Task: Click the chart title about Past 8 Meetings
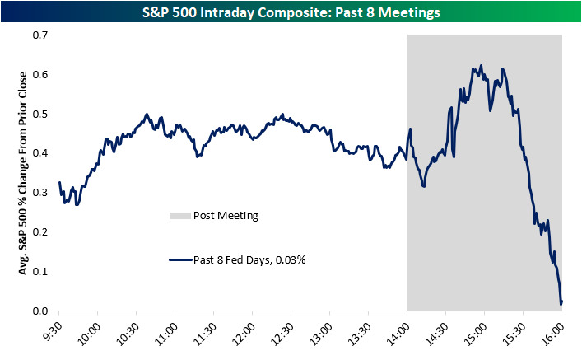coord(291,13)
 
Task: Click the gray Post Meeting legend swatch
coord(179,216)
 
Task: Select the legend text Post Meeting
coord(226,216)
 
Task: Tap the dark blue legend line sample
coord(179,259)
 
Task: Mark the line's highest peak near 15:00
coord(482,65)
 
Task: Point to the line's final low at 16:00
coord(561,303)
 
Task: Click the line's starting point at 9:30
coord(59,183)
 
